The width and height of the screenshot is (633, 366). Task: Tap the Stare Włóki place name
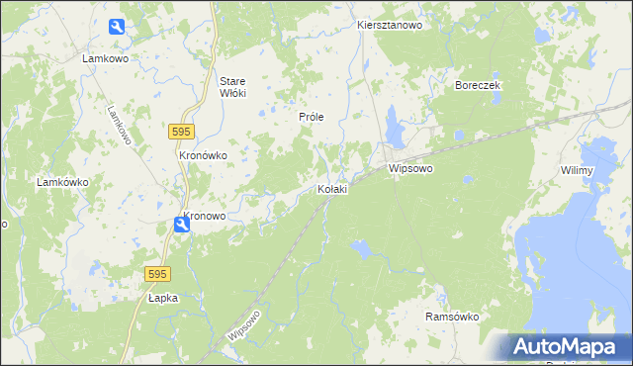click(x=232, y=86)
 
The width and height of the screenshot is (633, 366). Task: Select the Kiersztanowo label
click(x=390, y=25)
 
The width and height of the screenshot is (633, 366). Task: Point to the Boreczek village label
click(x=479, y=86)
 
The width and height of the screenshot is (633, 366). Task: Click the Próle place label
click(x=312, y=117)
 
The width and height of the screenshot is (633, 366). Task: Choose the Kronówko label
click(x=204, y=155)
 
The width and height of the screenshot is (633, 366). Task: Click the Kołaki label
click(x=331, y=189)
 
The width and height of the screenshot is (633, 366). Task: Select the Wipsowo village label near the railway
click(x=412, y=169)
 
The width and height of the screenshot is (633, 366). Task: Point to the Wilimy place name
click(x=576, y=171)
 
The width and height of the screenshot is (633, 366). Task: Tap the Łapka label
click(x=162, y=297)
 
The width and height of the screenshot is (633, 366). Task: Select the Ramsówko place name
click(x=452, y=317)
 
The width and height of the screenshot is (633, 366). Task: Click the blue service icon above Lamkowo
click(x=117, y=28)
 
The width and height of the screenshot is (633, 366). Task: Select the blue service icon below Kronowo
click(x=182, y=227)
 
